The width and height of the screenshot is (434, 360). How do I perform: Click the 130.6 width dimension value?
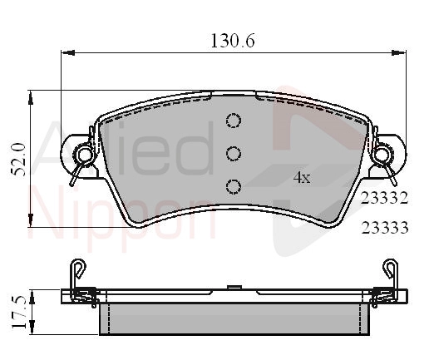click(x=233, y=41)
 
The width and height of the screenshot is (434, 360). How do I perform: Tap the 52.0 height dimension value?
click(x=18, y=160)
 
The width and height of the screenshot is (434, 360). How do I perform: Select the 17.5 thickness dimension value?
click(x=19, y=312)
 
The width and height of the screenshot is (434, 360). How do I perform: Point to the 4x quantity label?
click(x=302, y=177)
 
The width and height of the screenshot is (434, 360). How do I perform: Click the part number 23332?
click(x=385, y=198)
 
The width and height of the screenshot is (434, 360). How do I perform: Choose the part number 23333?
click(x=385, y=228)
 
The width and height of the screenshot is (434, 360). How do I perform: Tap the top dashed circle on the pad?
click(x=234, y=121)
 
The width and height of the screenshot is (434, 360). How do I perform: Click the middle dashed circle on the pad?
click(x=234, y=154)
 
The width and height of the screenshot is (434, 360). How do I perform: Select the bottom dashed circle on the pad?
click(x=234, y=186)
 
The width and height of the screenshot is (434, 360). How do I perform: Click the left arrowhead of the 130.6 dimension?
click(x=67, y=52)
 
